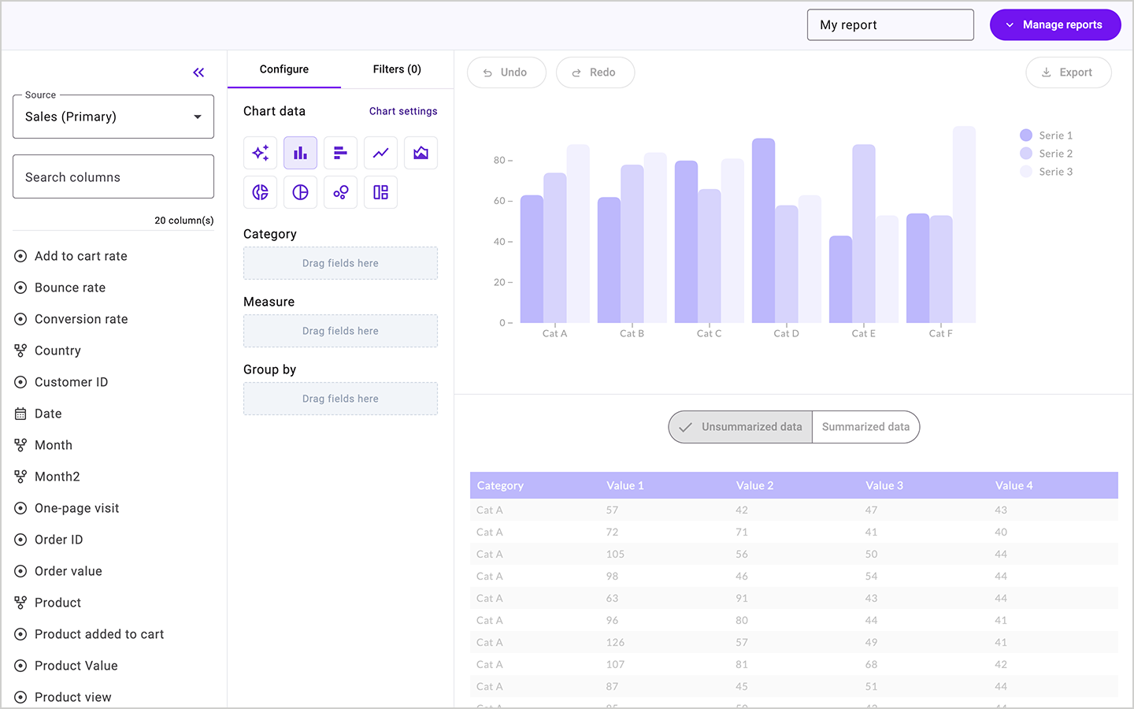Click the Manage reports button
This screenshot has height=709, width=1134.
pos(1054,25)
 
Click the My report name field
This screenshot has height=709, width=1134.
pos(890,25)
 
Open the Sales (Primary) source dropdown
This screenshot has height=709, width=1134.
pos(113,117)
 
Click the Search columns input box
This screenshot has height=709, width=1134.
pos(113,177)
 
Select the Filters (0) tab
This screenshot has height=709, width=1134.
pos(397,69)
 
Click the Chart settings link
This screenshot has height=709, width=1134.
pos(402,111)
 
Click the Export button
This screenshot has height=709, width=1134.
pos(1068,72)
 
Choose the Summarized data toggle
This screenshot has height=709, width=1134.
pos(865,427)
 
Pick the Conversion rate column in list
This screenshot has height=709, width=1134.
pos(80,319)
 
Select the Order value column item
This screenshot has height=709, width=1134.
pos(68,571)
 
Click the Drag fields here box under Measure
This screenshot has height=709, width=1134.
pos(340,331)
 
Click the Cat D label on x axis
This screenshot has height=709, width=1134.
pos(786,334)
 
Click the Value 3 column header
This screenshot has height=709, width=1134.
pos(884,485)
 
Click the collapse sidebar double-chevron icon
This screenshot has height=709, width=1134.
pos(198,72)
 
